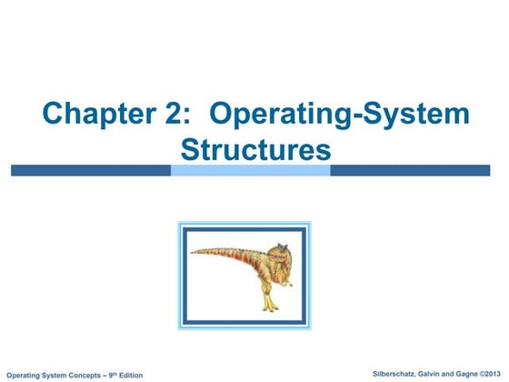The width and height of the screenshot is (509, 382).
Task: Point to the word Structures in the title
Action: point(255,149)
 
